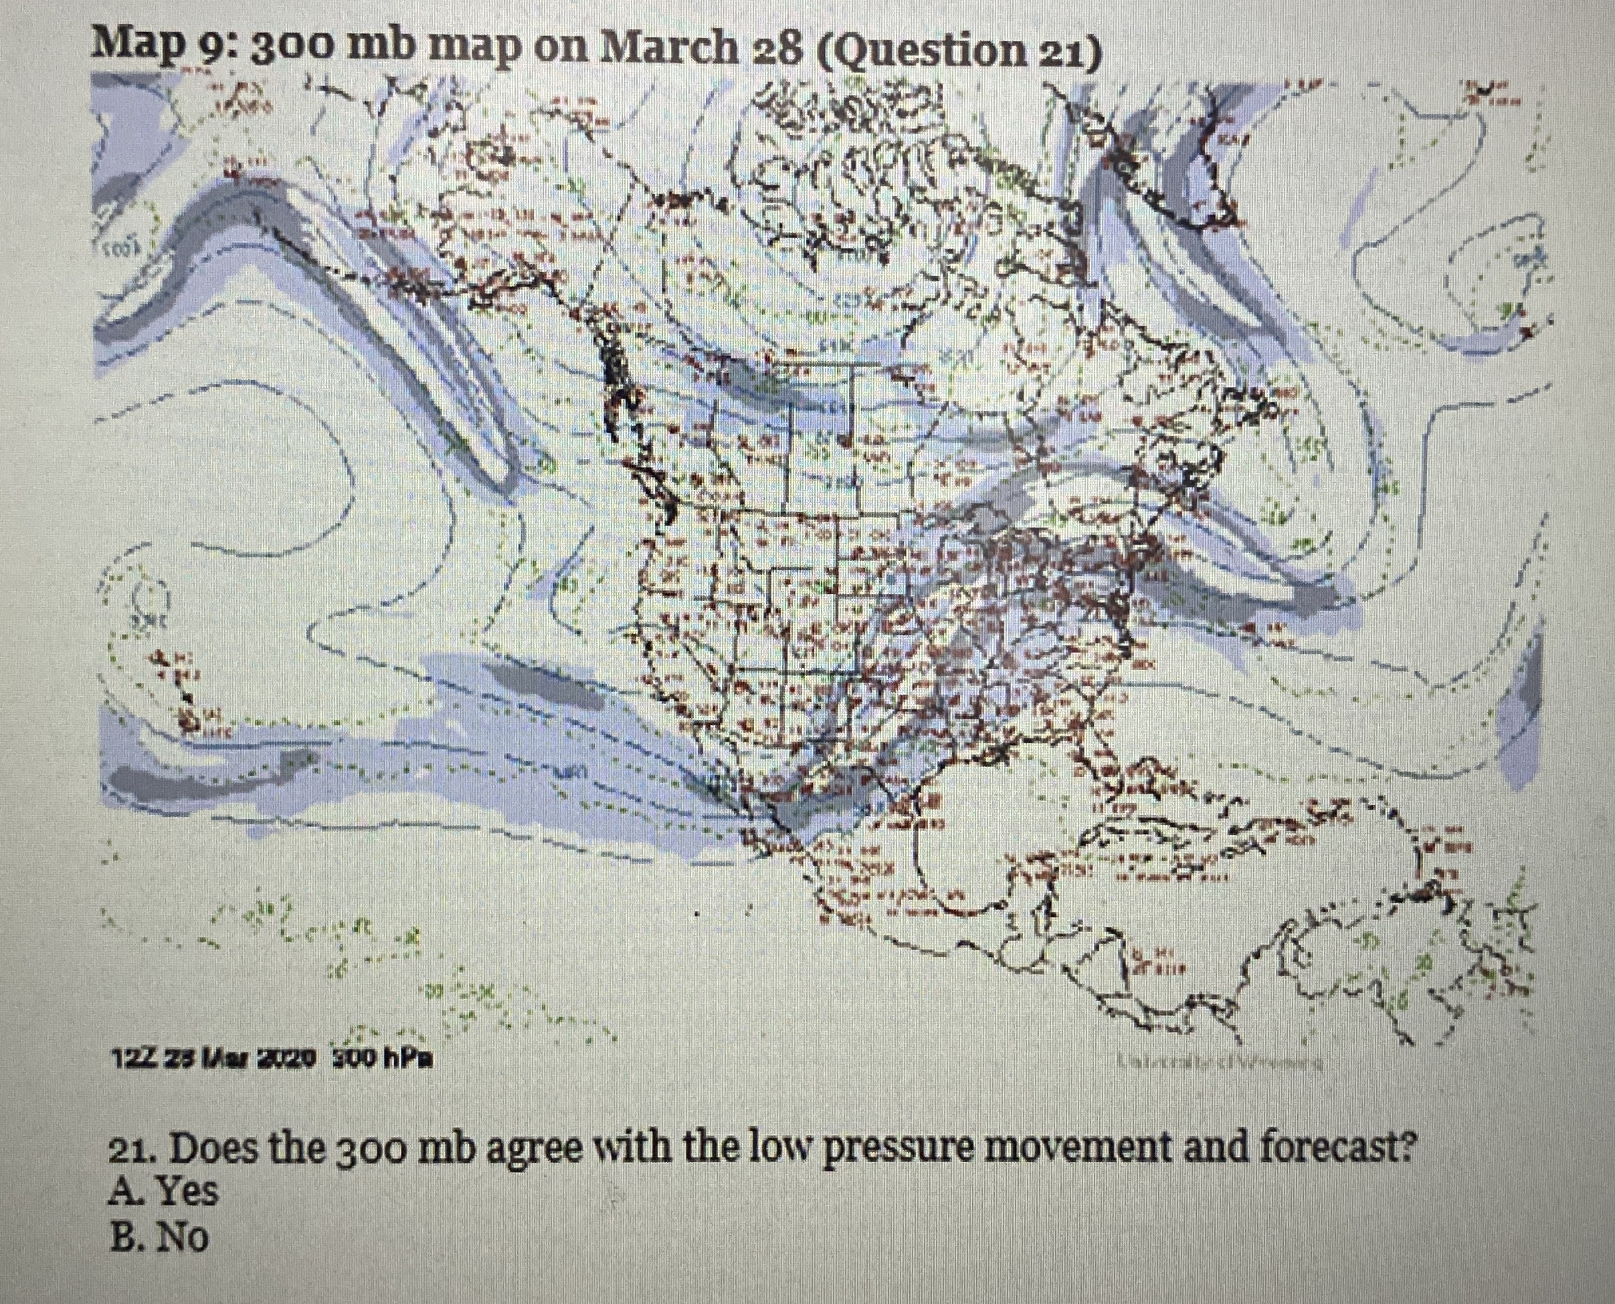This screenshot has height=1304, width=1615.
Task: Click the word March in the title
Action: click(x=672, y=49)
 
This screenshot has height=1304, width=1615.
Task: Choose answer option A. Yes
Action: click(x=165, y=1192)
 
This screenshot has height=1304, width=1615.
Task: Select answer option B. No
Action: click(x=159, y=1237)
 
